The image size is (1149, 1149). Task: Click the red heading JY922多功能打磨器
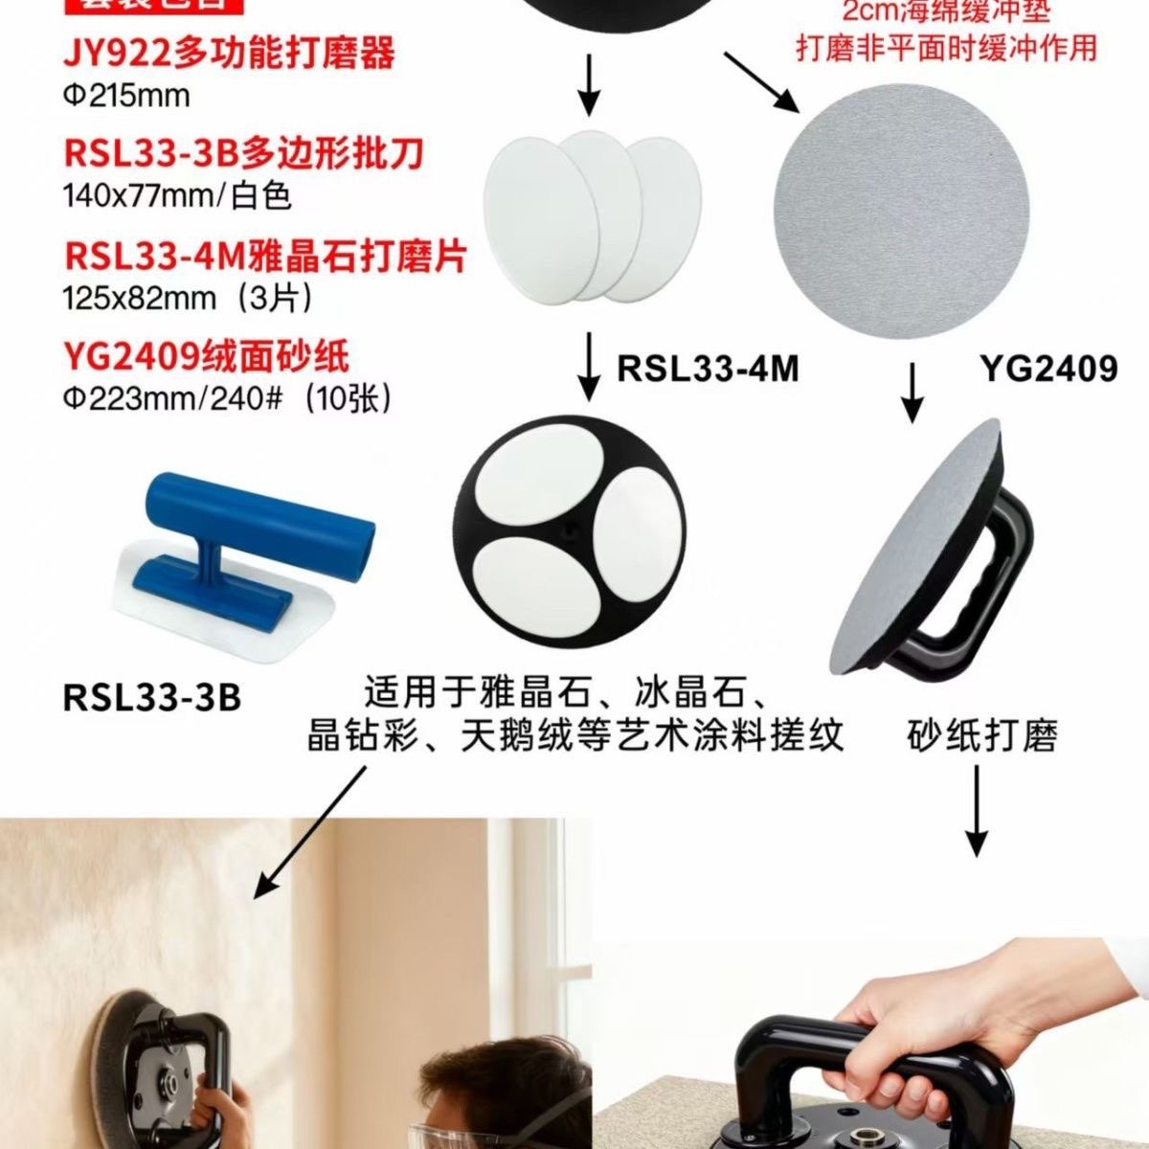[230, 54]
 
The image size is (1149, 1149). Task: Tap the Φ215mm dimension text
[126, 96]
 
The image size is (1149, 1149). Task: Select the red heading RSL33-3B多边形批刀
[244, 153]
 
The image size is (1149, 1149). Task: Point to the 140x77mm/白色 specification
[177, 196]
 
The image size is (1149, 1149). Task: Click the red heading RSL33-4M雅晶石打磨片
[265, 256]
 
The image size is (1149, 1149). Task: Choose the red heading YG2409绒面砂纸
[206, 356]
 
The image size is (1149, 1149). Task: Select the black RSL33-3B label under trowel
[151, 696]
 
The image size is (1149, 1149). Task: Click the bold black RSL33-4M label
[708, 368]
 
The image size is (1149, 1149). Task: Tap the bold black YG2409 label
[1048, 368]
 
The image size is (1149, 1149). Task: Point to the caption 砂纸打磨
[982, 736]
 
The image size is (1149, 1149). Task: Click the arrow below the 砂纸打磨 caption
[976, 814]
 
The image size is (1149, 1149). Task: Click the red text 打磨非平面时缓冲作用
[946, 46]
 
